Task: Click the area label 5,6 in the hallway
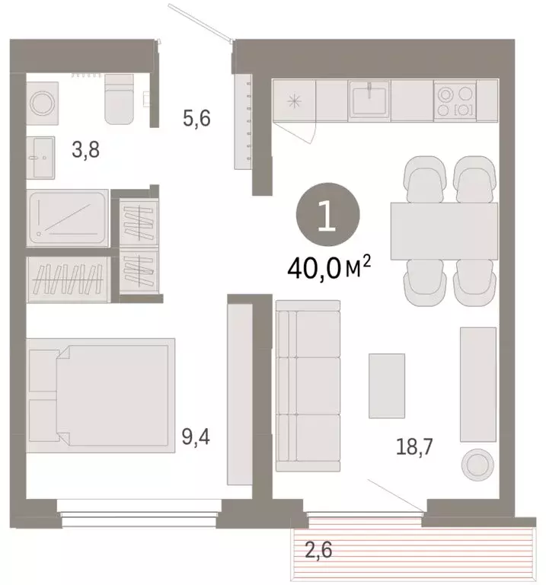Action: [x=196, y=118]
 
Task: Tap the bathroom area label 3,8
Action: [x=85, y=149]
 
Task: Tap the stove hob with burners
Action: [x=455, y=100]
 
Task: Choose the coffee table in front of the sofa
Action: [x=386, y=385]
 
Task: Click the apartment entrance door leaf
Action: [x=200, y=22]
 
